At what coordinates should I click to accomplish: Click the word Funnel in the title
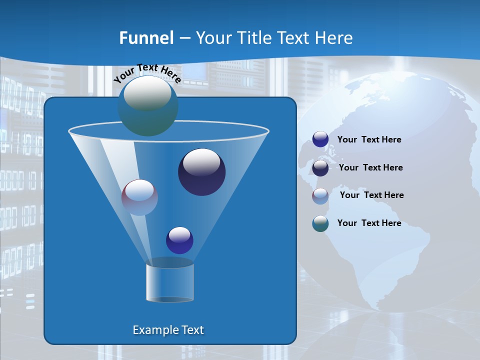click(146, 38)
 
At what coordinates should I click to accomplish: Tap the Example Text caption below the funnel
click(168, 330)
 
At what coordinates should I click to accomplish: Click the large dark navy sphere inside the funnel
click(201, 172)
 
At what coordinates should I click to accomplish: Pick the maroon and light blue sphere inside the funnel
click(139, 197)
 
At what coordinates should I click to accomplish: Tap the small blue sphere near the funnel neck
click(179, 240)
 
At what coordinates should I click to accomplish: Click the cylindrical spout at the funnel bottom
click(169, 282)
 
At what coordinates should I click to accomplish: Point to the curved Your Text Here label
click(147, 72)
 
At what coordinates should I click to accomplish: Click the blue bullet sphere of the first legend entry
click(320, 139)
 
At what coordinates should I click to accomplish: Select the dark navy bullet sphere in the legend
click(320, 168)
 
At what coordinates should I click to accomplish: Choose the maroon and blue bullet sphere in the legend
click(320, 196)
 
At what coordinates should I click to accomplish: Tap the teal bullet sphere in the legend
click(320, 223)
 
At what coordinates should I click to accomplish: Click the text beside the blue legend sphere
click(369, 140)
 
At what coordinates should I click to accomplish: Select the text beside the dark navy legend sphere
click(370, 168)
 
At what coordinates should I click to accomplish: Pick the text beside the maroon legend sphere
click(371, 195)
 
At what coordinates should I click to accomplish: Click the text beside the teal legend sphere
click(369, 223)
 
